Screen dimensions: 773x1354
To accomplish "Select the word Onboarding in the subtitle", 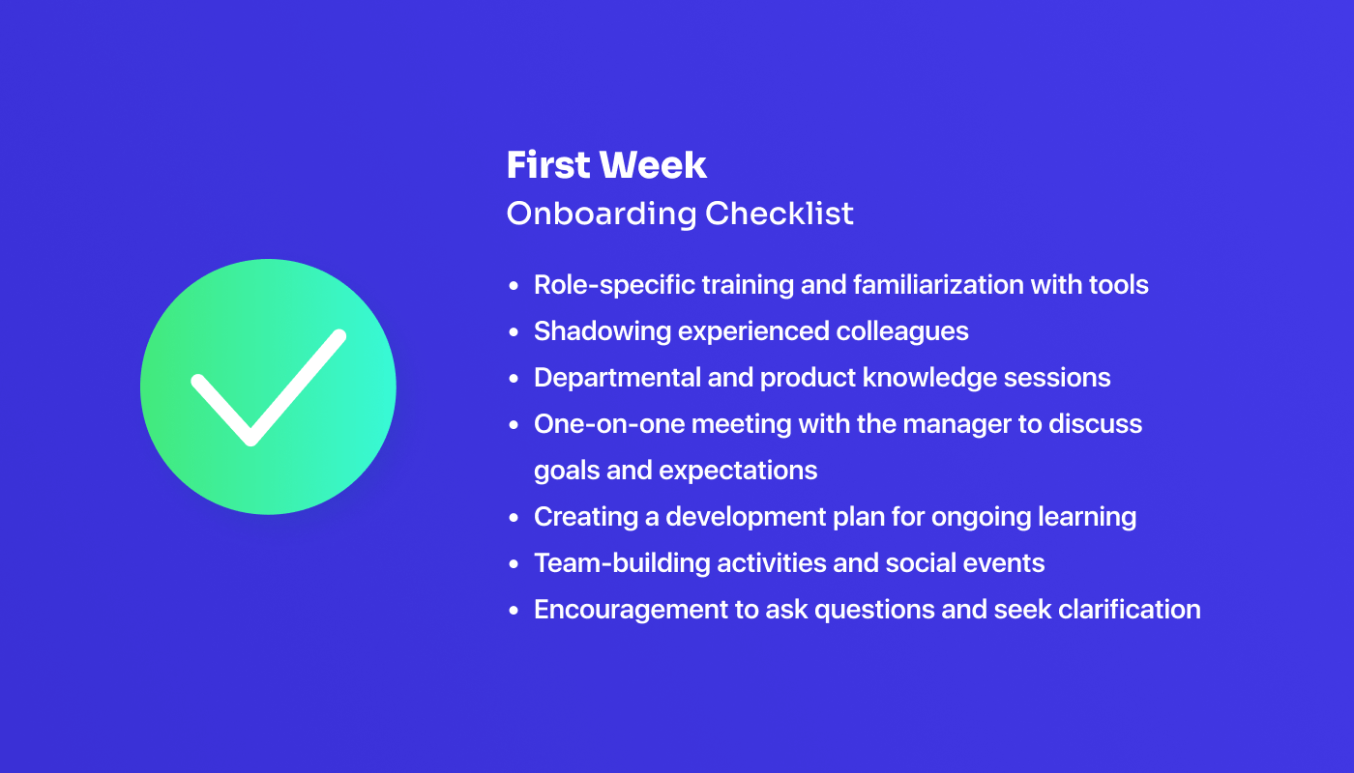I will (x=601, y=214).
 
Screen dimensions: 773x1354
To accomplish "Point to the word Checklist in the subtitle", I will (x=780, y=214).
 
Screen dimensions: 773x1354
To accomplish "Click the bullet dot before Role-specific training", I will (x=515, y=286).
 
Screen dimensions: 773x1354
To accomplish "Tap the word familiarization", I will (x=954, y=285).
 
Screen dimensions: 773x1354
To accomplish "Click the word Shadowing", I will (x=603, y=331).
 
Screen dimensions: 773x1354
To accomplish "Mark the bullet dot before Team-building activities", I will (x=515, y=564).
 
